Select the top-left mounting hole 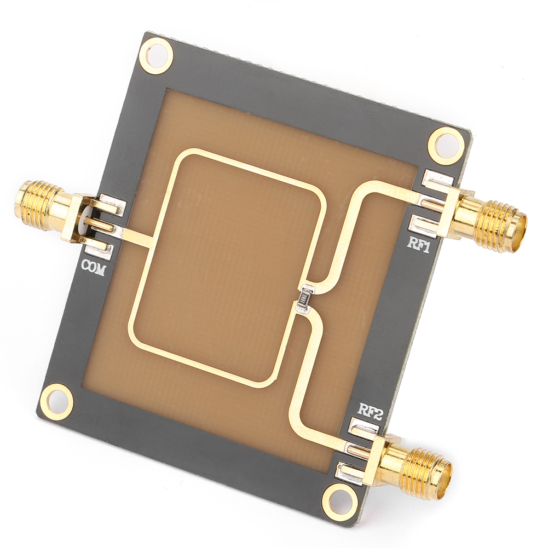tap(159, 55)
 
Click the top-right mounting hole tap(445, 145)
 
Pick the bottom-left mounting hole tap(56, 401)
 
